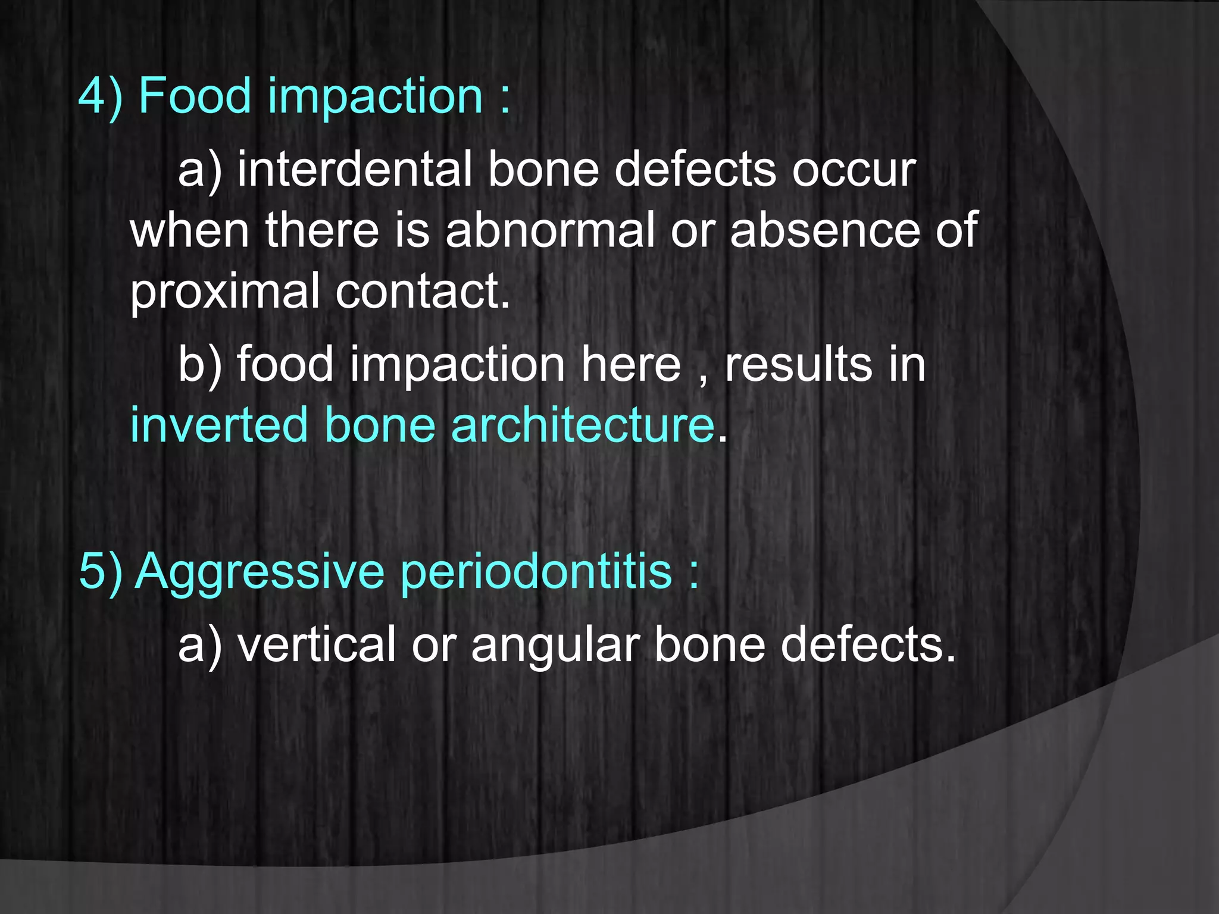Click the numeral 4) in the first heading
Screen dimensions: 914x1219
coord(101,96)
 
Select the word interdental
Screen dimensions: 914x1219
coord(355,170)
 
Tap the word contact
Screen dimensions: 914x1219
coord(423,292)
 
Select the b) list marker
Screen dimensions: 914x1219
coord(200,365)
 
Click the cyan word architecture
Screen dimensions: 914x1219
coord(583,425)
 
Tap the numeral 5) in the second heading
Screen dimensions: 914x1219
coord(101,571)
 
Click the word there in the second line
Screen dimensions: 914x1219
coord(322,230)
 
